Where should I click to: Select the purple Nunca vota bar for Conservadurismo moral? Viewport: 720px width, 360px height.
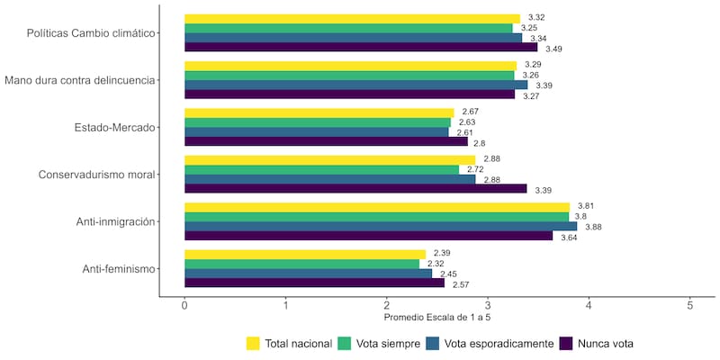[355, 188]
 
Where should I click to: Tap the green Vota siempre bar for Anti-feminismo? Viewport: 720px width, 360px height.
[301, 264]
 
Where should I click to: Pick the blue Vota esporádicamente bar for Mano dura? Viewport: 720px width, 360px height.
[355, 85]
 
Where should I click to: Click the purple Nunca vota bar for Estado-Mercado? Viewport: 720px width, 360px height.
[326, 141]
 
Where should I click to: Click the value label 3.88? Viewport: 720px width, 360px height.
[593, 227]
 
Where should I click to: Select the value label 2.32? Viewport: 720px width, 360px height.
[436, 264]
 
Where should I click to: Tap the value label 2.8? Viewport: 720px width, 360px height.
[480, 143]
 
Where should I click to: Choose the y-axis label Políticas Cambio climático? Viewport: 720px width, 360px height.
[89, 33]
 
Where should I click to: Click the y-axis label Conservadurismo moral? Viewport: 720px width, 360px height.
[96, 174]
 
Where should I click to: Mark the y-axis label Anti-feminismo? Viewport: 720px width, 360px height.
[118, 268]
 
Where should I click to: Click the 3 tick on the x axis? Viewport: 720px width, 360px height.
[487, 306]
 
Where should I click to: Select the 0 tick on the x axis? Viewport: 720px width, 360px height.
[184, 306]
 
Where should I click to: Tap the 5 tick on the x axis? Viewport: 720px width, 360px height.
[689, 306]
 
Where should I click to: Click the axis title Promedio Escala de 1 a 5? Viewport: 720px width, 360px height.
[436, 318]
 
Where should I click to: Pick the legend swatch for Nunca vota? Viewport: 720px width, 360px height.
[567, 343]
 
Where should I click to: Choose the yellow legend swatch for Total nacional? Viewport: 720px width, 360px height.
[253, 343]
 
